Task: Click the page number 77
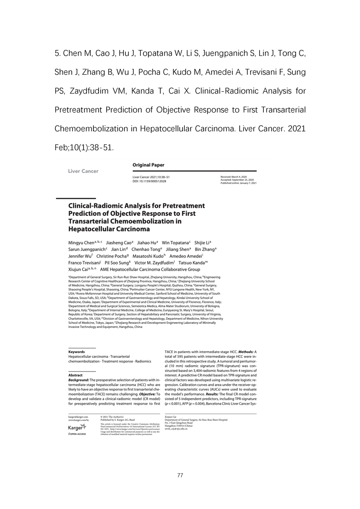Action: (180, 475)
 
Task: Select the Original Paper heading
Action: (148, 165)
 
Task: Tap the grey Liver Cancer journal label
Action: (83, 171)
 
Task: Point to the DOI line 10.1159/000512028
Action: (149, 181)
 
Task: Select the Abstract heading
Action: (75, 375)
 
